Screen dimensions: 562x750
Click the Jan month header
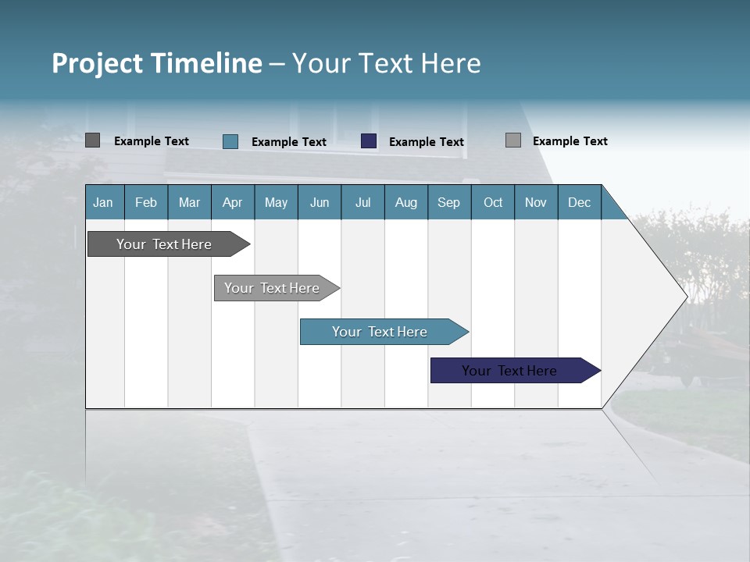pos(104,202)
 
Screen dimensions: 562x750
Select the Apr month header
pos(232,202)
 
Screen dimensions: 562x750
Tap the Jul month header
pos(362,202)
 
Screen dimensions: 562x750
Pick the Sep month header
pos(448,202)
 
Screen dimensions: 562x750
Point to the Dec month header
pos(579,202)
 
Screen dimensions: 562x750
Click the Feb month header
pos(146,202)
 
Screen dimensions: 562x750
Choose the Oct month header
pos(492,202)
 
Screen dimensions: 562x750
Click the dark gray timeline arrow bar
pos(164,244)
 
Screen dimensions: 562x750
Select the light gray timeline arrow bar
pos(272,288)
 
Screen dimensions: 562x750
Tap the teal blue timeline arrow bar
pos(380,332)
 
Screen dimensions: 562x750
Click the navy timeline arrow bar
pos(509,371)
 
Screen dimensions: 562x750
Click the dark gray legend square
pos(92,140)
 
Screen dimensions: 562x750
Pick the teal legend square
pos(230,141)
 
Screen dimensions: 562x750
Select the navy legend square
pos(369,141)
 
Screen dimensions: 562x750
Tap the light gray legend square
pos(512,140)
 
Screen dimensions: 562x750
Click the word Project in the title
pos(98,63)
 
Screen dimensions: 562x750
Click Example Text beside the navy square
pos(426,142)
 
